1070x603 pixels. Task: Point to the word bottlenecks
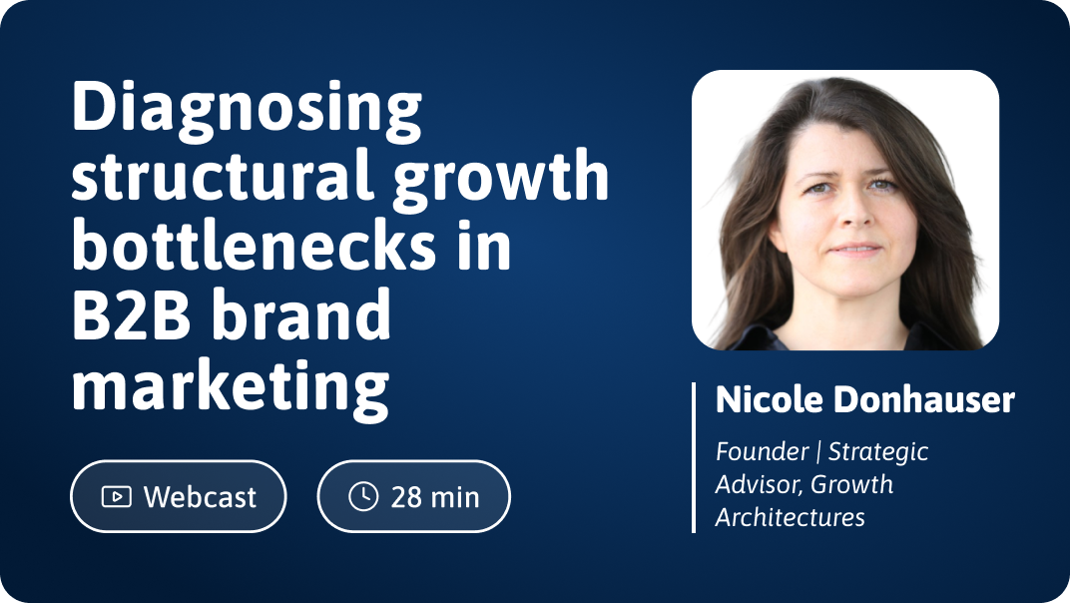coord(254,244)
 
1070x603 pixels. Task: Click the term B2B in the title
coord(131,314)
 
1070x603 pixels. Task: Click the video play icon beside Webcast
coord(117,496)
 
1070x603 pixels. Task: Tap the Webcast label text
coord(200,496)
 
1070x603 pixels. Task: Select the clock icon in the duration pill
coord(363,496)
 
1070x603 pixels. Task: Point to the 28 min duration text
coord(435,497)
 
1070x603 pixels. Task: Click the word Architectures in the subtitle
coord(791,517)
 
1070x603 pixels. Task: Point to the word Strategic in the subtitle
coord(878,452)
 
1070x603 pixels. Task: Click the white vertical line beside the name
coord(694,457)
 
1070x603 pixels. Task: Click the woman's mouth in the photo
coord(854,250)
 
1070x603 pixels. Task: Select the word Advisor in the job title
coord(759,485)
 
